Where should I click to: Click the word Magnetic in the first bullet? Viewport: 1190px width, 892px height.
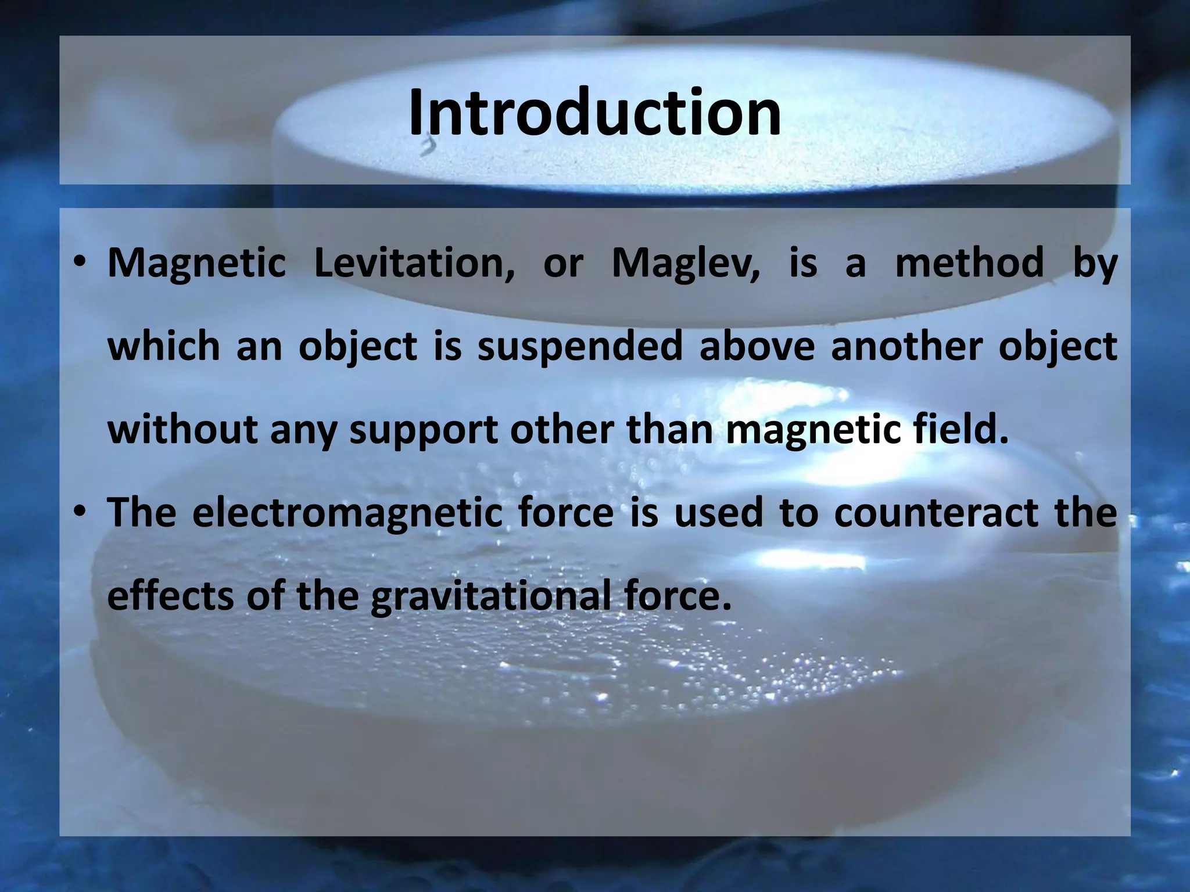[196, 263]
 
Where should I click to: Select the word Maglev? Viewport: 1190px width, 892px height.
[686, 263]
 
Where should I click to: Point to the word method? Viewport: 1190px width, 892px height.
[969, 263]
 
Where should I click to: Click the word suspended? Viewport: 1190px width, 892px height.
[580, 347]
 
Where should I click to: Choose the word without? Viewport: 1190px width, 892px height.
[182, 430]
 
